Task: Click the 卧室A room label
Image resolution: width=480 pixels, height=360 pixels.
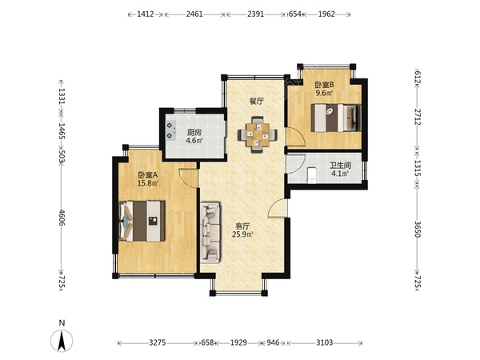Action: pyautogui.click(x=147, y=175)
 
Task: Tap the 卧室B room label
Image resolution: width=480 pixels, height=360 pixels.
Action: pyautogui.click(x=324, y=84)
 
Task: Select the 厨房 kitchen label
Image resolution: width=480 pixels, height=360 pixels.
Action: pyautogui.click(x=194, y=133)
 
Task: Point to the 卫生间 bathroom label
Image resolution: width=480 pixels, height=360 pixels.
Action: pyautogui.click(x=340, y=166)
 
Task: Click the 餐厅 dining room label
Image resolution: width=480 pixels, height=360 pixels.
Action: pyautogui.click(x=257, y=102)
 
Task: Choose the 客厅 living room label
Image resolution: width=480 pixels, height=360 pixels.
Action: pyautogui.click(x=242, y=226)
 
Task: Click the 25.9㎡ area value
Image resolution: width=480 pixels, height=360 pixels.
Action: pyautogui.click(x=242, y=234)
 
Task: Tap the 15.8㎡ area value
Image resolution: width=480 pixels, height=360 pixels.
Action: pyautogui.click(x=148, y=183)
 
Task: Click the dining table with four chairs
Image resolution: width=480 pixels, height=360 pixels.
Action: pyautogui.click(x=258, y=134)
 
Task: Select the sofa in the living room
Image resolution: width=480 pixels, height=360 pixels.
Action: pyautogui.click(x=210, y=232)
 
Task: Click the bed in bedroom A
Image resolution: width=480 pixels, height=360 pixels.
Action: pyautogui.click(x=142, y=221)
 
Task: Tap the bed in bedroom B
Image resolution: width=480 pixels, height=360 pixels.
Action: pyautogui.click(x=336, y=118)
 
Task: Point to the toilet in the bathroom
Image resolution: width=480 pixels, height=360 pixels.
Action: pyautogui.click(x=312, y=175)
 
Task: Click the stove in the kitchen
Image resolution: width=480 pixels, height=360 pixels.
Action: pyautogui.click(x=170, y=130)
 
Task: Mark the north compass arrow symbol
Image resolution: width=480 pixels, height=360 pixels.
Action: pyautogui.click(x=62, y=341)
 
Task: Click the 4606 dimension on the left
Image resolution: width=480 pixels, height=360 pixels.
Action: pyautogui.click(x=62, y=218)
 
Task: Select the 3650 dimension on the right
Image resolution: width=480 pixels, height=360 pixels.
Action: pyautogui.click(x=418, y=229)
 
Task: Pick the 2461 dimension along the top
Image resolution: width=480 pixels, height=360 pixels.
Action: pyautogui.click(x=194, y=14)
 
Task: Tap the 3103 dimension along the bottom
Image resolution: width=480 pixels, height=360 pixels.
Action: pyautogui.click(x=325, y=342)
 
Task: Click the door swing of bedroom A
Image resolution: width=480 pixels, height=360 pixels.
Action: pyautogui.click(x=188, y=178)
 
